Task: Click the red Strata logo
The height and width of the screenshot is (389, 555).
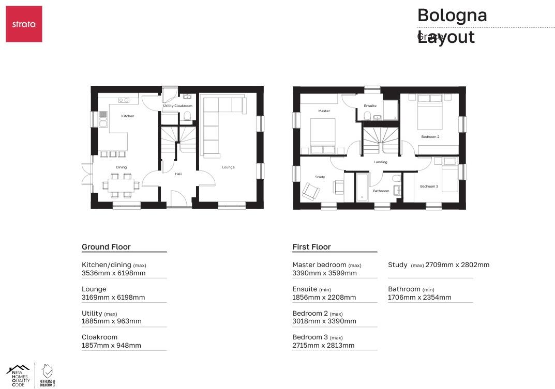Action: click(24, 24)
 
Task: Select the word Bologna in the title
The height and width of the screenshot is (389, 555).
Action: click(452, 15)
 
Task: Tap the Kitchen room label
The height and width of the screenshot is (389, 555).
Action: click(128, 116)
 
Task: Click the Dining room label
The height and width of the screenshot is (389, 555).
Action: click(122, 167)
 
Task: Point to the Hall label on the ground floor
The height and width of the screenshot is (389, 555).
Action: click(178, 174)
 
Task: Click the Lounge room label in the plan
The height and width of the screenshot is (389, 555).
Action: click(228, 167)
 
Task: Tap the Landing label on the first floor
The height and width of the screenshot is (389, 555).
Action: click(381, 162)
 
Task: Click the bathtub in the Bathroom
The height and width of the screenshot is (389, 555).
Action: click(362, 188)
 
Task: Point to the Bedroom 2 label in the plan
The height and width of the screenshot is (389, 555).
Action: click(430, 137)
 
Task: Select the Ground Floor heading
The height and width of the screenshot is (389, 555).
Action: click(106, 247)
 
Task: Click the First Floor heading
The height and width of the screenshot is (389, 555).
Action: click(311, 247)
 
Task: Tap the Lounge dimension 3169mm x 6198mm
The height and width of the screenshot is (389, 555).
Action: click(113, 298)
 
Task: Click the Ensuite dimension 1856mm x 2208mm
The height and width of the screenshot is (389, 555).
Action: click(324, 298)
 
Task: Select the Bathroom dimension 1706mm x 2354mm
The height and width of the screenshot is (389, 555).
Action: click(419, 298)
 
